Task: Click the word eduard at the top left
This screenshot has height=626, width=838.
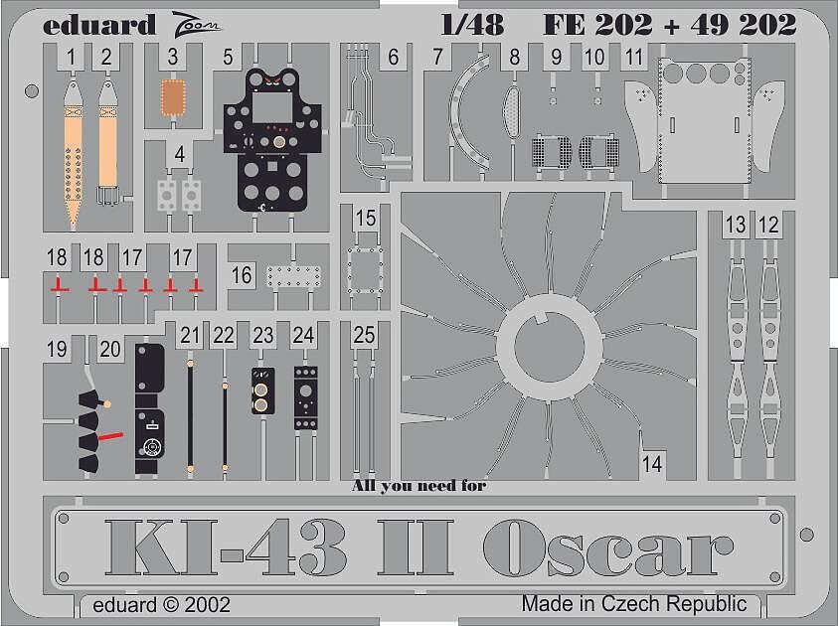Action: tap(98, 25)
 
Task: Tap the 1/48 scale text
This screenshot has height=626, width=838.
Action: tap(472, 25)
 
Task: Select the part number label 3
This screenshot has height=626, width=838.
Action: tap(172, 57)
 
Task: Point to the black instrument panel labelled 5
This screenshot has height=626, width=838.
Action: tap(272, 140)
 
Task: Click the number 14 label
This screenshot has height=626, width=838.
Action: tap(652, 463)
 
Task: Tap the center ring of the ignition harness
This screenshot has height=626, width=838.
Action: tap(550, 346)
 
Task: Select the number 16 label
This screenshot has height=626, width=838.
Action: tap(241, 275)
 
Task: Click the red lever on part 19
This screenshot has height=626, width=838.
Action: tap(111, 436)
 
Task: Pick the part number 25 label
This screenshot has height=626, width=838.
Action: tap(364, 335)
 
